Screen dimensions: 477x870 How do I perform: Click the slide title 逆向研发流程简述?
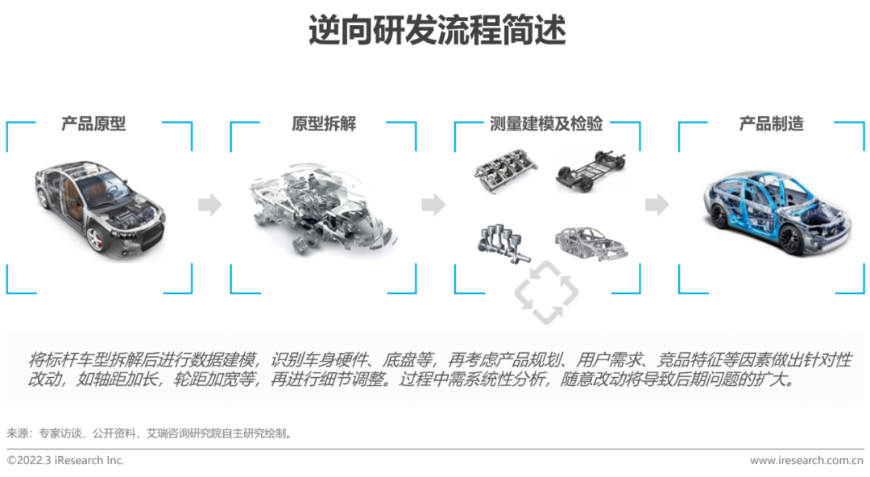[x=436, y=31]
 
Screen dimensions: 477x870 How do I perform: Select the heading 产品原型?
[x=93, y=124]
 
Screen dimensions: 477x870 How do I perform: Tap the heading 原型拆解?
[x=324, y=124]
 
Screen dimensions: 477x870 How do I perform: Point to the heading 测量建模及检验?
[x=547, y=124]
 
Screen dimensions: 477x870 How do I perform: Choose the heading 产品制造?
[x=772, y=124]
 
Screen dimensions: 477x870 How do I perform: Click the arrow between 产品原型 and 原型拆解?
[x=210, y=205]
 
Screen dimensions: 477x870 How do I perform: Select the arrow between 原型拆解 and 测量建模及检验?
[x=433, y=205]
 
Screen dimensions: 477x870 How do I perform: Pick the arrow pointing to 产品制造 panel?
[x=657, y=205]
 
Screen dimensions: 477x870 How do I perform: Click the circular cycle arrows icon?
[x=546, y=293]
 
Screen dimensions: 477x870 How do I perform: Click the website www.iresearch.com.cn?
[x=806, y=461]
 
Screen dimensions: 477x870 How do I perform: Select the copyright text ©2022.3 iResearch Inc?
[x=66, y=461]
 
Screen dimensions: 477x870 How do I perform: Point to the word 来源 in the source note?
[x=18, y=433]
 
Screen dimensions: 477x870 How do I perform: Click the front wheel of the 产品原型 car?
[x=96, y=238]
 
